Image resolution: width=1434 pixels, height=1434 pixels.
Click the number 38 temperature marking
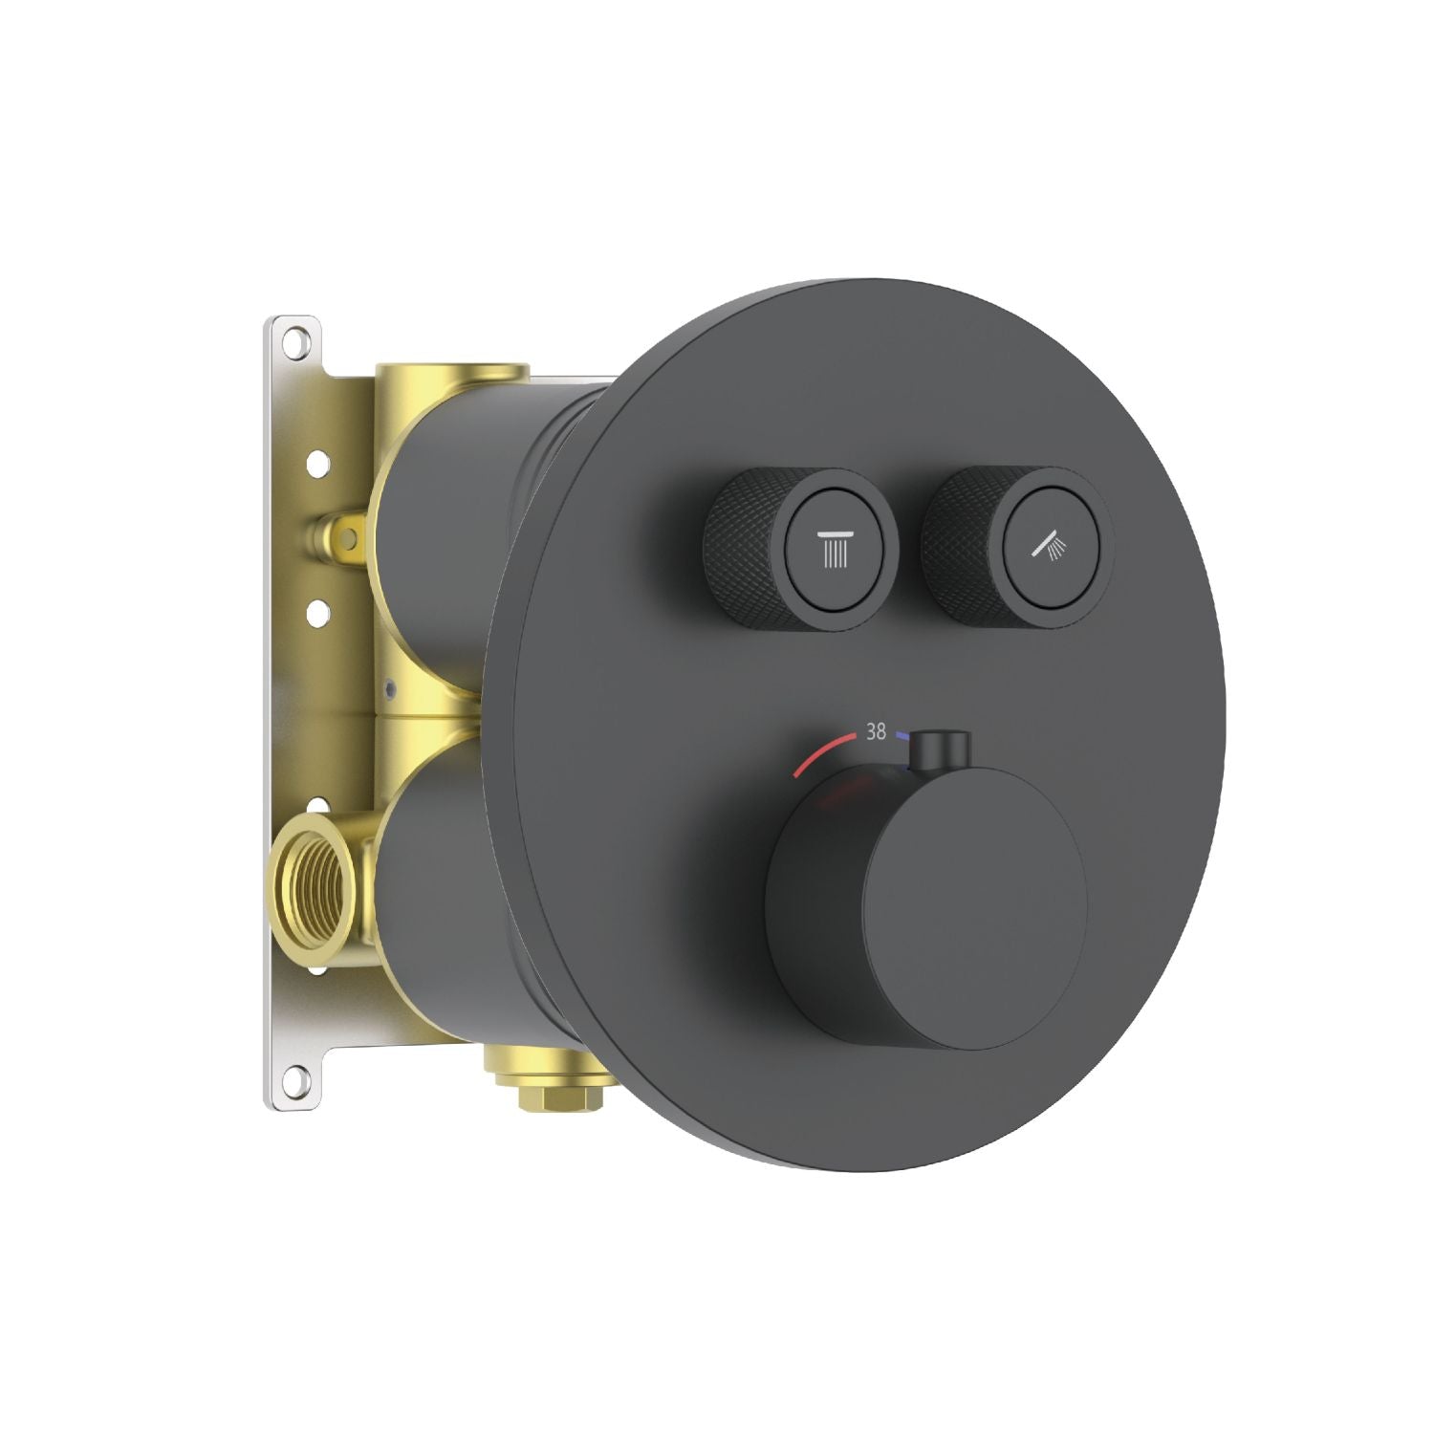tap(875, 732)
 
